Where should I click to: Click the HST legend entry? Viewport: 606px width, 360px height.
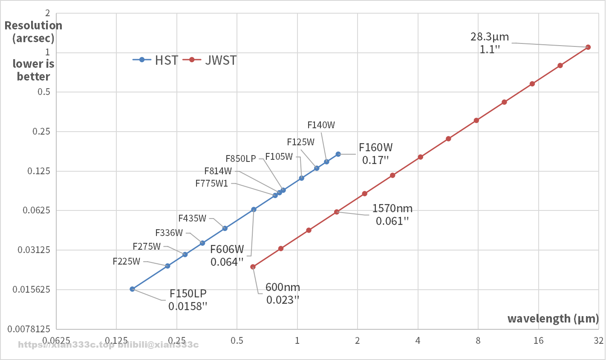[156, 60]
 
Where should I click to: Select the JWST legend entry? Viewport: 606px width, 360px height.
[210, 60]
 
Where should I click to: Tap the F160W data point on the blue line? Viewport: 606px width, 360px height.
[338, 154]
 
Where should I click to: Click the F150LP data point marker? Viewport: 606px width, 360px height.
[132, 289]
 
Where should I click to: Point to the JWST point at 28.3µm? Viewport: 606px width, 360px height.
[588, 47]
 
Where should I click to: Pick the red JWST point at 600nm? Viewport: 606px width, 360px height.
[253, 267]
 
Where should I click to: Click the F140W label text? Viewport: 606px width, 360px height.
[321, 125]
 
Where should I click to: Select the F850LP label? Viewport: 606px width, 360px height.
[241, 159]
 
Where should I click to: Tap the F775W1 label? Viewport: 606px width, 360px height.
[211, 184]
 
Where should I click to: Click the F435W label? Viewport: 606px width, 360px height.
[192, 219]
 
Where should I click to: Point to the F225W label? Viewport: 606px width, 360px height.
[126, 262]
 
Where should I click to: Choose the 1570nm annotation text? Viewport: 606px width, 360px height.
[392, 209]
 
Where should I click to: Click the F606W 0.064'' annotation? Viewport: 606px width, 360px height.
[227, 256]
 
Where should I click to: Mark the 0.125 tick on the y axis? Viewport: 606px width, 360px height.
[39, 171]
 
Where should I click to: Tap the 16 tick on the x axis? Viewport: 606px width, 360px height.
[539, 340]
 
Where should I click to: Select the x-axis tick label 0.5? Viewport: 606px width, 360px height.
[237, 340]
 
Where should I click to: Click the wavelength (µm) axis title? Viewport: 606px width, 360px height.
[553, 319]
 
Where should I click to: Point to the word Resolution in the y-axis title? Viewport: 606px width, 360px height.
[33, 26]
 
